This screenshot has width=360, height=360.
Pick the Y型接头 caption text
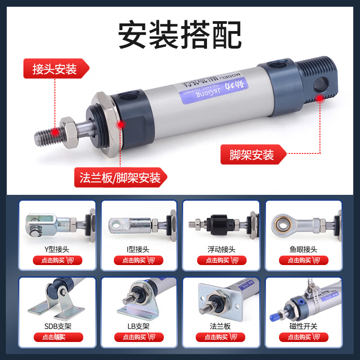[x=57, y=249]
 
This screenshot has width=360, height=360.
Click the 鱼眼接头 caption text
[x=303, y=249]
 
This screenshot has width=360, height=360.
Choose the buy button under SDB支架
[x=57, y=337]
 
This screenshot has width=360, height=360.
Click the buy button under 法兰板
[x=221, y=337]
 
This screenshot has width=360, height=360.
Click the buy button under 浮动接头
[x=221, y=260]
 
